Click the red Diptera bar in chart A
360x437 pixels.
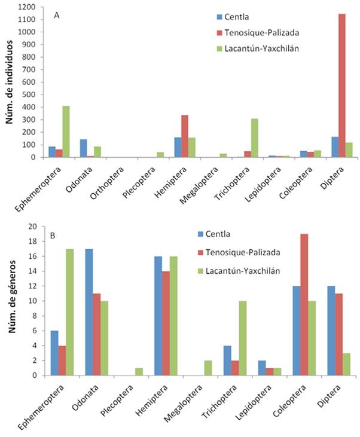point(342,85)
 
